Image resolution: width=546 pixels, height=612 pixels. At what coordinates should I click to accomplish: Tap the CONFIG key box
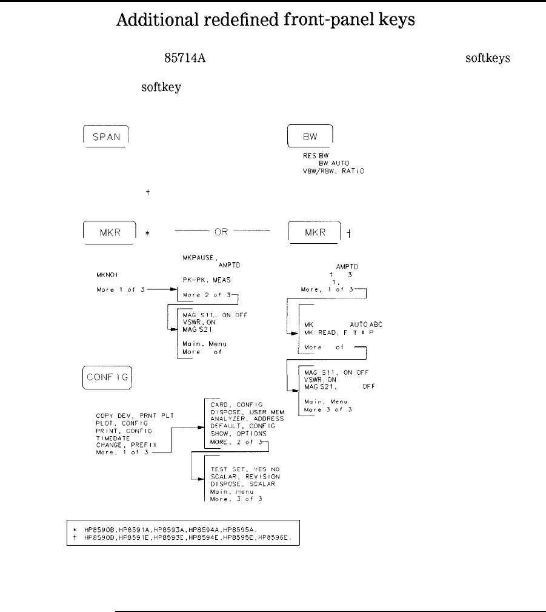pos(107,380)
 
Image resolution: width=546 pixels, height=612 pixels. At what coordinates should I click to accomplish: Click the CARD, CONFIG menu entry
pos(236,405)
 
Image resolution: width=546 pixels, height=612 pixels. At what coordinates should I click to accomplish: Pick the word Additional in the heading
pos(152,20)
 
